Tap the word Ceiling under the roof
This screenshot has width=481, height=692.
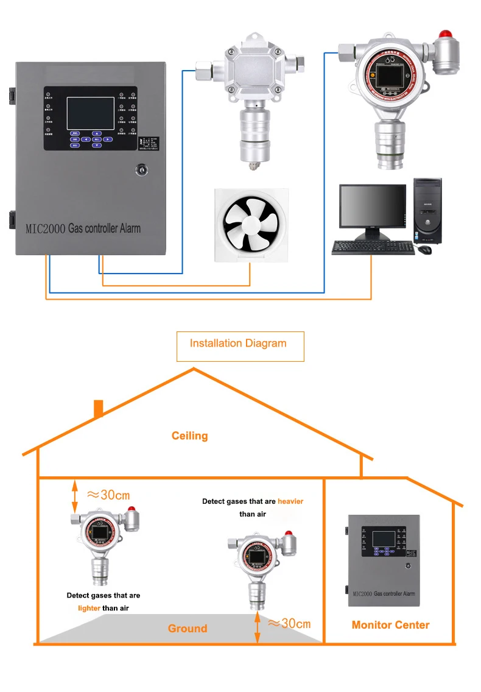pyautogui.click(x=189, y=436)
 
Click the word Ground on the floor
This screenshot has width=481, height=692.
pyautogui.click(x=188, y=628)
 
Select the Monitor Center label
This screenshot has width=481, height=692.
pyautogui.click(x=390, y=624)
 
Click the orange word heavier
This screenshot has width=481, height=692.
pyautogui.click(x=290, y=501)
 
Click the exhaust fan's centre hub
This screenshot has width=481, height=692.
pyautogui.click(x=251, y=225)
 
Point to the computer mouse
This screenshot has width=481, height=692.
pyautogui.click(x=424, y=250)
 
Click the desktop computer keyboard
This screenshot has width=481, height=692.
pyautogui.click(x=373, y=247)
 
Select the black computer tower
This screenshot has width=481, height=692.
pyautogui.click(x=427, y=211)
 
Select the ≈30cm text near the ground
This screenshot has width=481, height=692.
pyautogui.click(x=290, y=623)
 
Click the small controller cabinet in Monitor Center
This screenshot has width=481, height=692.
pyautogui.click(x=384, y=560)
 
